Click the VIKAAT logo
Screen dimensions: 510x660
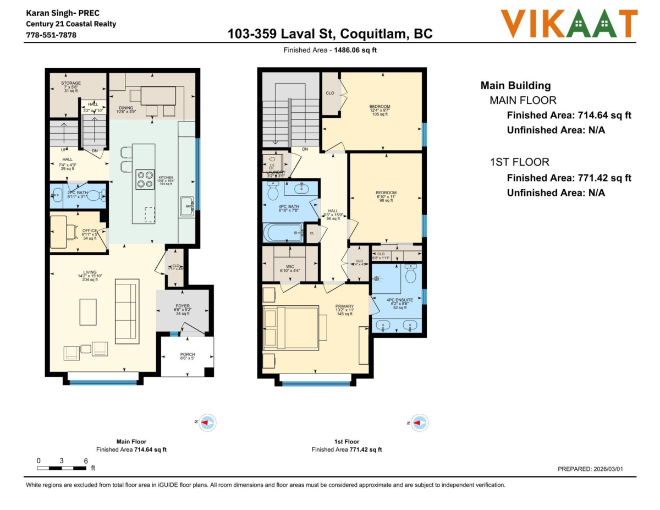click(569, 24)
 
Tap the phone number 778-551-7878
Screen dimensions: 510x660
click(51, 35)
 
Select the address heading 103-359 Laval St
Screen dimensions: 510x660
click(330, 34)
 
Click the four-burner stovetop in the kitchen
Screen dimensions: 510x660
click(145, 180)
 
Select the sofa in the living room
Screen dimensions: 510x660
click(127, 311)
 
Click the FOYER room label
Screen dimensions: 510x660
click(182, 306)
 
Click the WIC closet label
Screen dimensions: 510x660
click(289, 267)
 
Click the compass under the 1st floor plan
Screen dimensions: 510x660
click(419, 423)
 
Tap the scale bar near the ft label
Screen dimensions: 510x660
click(62, 468)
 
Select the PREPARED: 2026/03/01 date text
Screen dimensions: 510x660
click(590, 469)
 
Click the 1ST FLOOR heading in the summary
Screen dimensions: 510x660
click(519, 162)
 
